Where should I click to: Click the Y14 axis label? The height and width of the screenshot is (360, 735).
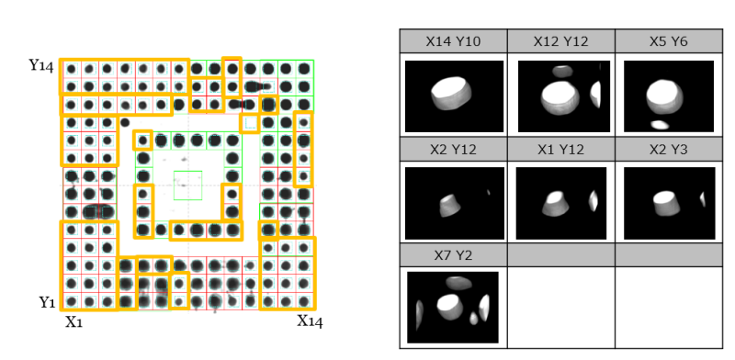[41, 65]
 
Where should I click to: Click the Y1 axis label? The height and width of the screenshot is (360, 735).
[47, 303]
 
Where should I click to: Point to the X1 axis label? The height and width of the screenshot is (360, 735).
[74, 322]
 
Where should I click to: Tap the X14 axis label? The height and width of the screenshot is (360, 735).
[310, 321]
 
